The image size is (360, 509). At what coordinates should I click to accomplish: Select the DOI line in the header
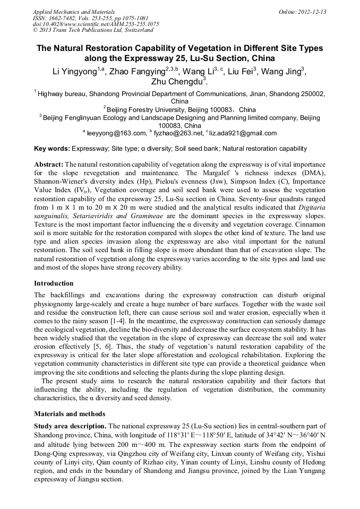coord(96,24)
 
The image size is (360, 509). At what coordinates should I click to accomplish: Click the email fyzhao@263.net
coord(173,133)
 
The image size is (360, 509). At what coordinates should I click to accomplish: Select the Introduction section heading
coord(54,283)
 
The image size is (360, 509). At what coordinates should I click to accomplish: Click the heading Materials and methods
coord(69,414)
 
